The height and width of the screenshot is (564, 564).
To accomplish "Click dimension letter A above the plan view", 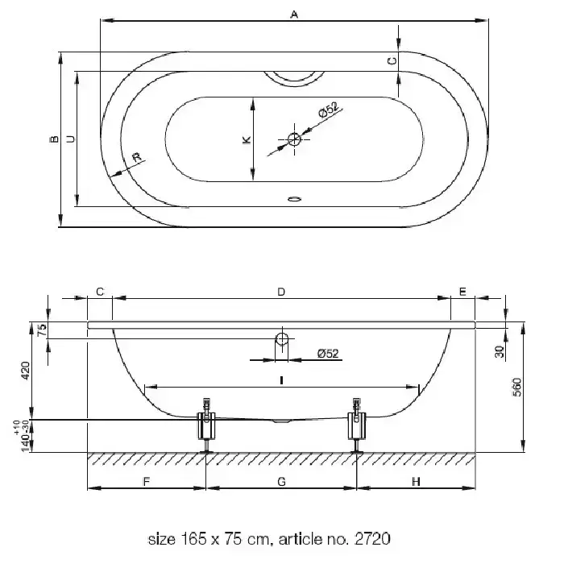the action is click(x=294, y=15).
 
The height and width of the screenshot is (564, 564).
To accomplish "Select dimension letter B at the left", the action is click(x=54, y=139).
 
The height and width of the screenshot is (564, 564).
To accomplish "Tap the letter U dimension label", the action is click(x=71, y=139).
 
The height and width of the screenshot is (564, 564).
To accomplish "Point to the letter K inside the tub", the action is click(x=247, y=139).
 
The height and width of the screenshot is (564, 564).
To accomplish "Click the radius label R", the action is click(x=137, y=158).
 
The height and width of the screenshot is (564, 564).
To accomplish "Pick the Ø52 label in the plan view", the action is click(x=329, y=110).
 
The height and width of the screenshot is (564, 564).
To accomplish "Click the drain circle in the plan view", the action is click(x=294, y=139).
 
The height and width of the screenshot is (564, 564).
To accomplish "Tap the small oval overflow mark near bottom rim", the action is click(x=294, y=198).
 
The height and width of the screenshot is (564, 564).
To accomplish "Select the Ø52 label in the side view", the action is click(x=328, y=354).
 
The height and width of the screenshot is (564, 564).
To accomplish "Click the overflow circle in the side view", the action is click(x=282, y=338).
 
